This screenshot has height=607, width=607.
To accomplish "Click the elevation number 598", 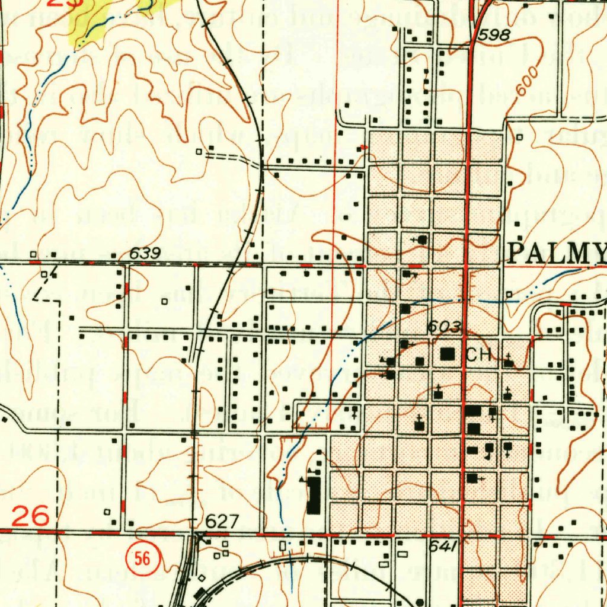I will pos(494,36).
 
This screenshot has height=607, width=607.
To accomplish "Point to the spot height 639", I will pos(145,254).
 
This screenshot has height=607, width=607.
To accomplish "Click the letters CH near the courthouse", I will pos(479,355).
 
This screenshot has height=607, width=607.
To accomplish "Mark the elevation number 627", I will pos(222,522).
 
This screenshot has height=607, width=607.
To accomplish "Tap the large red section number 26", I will pos(30,517).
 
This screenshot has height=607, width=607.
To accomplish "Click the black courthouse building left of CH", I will pos(448,353).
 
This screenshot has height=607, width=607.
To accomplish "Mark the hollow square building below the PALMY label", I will pos(509,295).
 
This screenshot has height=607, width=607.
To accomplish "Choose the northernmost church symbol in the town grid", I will pos(421,239).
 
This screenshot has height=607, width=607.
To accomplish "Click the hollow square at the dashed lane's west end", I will pos(199,152).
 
